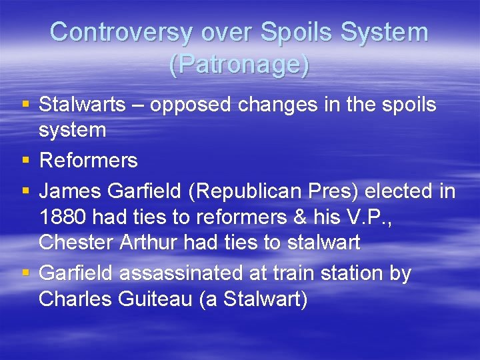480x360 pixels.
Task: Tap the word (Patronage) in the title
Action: [239, 64]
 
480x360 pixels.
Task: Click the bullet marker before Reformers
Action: [25, 160]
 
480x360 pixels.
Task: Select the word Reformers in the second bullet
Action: [88, 161]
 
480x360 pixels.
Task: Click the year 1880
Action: [63, 217]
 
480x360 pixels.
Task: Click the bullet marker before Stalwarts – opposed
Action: [25, 104]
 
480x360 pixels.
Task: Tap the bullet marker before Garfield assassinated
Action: [25, 273]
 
